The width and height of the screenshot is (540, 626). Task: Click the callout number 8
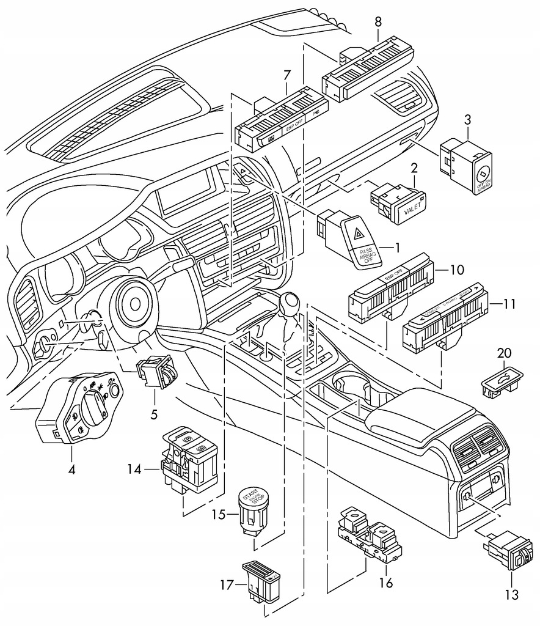click(378, 22)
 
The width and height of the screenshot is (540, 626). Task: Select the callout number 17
click(227, 585)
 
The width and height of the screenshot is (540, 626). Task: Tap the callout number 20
click(504, 353)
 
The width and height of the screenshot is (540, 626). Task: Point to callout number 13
click(511, 594)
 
